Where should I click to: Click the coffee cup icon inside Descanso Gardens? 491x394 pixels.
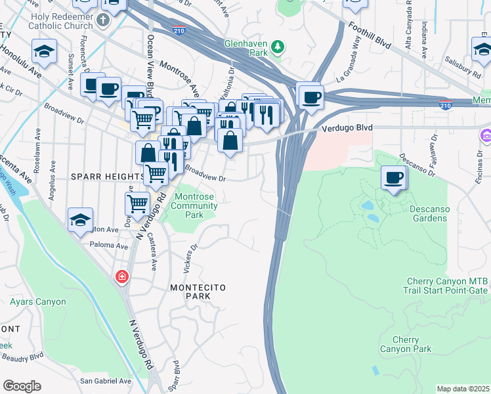pos(394,178)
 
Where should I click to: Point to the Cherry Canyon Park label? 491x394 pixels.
pos(406,344)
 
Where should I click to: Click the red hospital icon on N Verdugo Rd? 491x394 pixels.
pos(121,277)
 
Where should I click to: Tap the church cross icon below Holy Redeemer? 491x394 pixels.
pos(102,20)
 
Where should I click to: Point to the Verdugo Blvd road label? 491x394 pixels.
pos(346,129)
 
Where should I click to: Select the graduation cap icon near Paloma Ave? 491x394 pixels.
pos(80,220)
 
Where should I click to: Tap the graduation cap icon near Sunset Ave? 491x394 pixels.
pos(44,51)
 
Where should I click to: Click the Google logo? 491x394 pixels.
pos(22,385)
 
